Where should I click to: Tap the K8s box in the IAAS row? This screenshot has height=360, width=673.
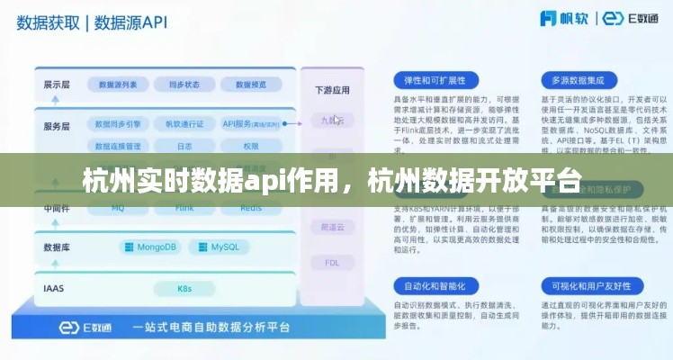184,288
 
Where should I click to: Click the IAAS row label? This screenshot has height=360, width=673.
54,288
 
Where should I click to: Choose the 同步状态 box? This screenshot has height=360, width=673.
184,85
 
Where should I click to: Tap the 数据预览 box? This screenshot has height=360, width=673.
249,85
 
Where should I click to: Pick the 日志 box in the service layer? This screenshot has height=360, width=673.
184,145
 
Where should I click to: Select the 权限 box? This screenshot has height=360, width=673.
249,145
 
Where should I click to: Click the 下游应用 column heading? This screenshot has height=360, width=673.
332,90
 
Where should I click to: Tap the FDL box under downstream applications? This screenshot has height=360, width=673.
332,263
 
